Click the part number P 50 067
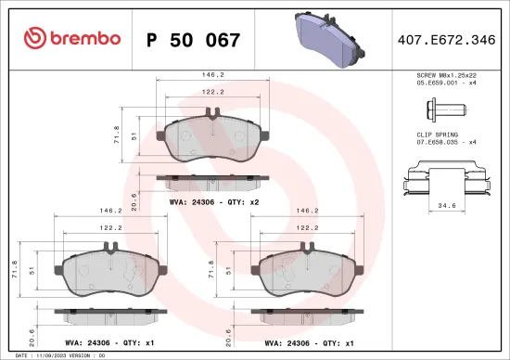[194, 40]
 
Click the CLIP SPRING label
[432, 135]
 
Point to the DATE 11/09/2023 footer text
[56, 354]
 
